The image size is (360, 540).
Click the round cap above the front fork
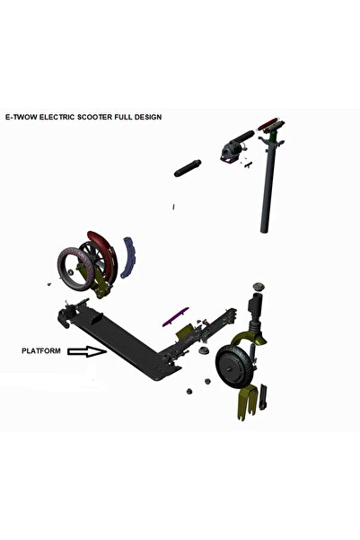[x=256, y=287]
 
